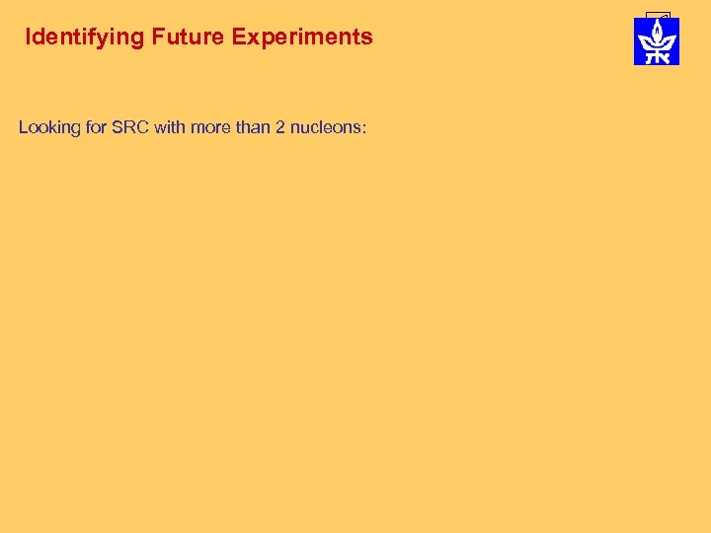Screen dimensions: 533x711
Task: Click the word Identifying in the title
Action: point(84,38)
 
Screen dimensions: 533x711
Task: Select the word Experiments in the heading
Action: point(302,38)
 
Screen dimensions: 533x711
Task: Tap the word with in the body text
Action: point(169,128)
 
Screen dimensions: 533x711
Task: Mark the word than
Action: point(252,128)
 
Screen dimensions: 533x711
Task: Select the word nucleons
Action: point(324,128)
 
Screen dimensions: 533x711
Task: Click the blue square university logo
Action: point(656,41)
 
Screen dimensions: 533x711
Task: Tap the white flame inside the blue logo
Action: point(656,36)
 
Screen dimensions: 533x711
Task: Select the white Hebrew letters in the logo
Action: point(656,57)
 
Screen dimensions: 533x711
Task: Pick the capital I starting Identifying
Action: point(28,38)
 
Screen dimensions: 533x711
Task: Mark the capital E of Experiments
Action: point(238,38)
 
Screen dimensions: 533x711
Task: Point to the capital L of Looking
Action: point(24,128)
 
